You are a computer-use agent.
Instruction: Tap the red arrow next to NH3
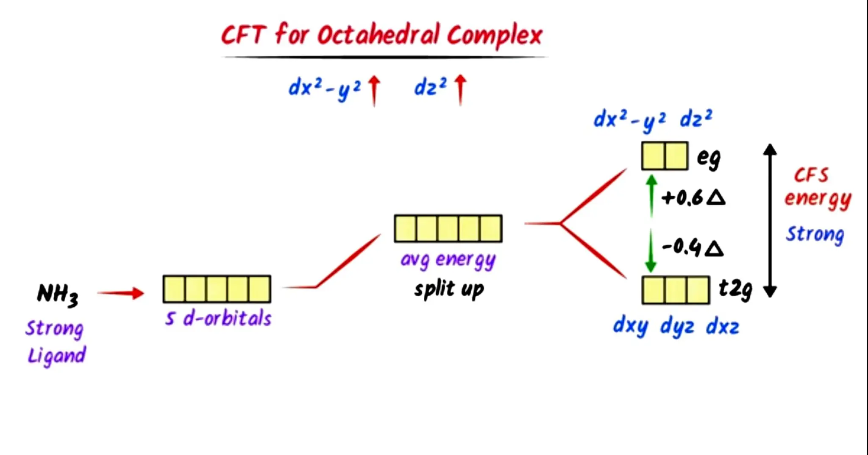[121, 293]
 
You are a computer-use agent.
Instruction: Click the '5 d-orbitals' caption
[218, 318]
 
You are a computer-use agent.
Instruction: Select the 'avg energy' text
[448, 260]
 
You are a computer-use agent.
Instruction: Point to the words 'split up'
[449, 289]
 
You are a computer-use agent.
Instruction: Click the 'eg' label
[708, 158]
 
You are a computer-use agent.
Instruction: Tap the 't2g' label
[735, 289]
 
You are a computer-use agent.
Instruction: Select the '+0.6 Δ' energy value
[693, 198]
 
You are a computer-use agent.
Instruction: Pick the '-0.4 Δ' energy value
[693, 247]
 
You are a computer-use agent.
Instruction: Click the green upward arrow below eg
[651, 196]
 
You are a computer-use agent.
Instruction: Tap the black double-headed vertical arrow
[770, 220]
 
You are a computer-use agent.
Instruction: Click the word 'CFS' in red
[811, 175]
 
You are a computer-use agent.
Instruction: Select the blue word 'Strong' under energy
[815, 234]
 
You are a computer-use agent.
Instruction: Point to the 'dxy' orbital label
[630, 326]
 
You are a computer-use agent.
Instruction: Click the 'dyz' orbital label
[677, 327]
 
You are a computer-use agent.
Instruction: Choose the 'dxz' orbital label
[722, 327]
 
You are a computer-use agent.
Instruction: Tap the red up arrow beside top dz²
[460, 89]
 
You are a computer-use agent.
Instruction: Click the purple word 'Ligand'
[56, 355]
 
